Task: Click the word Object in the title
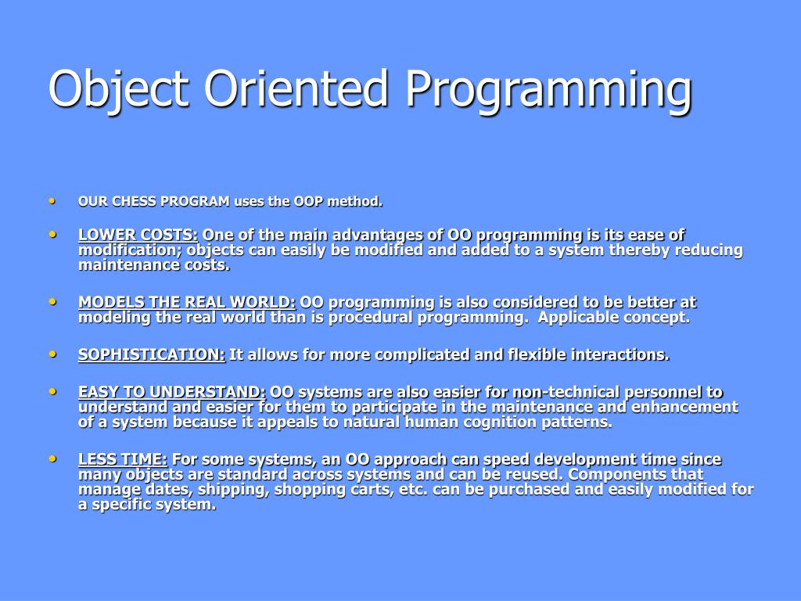click(119, 89)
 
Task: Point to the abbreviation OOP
click(308, 201)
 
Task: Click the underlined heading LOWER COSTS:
click(138, 235)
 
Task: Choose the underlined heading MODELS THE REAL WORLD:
click(187, 302)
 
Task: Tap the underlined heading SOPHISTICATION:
click(152, 354)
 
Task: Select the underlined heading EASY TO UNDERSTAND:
click(171, 392)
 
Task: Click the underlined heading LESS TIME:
click(123, 459)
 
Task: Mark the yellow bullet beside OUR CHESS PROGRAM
click(52, 201)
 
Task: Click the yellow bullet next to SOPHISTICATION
click(52, 354)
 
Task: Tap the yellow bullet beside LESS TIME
click(52, 459)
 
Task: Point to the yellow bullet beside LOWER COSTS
click(52, 234)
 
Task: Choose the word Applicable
click(572, 318)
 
